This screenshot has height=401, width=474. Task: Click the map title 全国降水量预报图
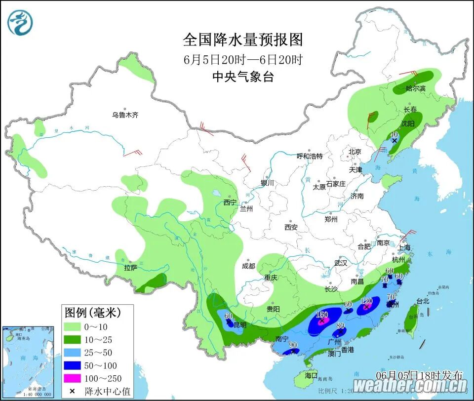[242, 40]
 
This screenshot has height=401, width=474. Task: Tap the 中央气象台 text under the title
[242, 77]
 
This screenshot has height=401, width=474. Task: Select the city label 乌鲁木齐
[125, 115]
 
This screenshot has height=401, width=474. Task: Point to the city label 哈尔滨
[415, 88]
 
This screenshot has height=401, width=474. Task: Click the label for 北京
[355, 152]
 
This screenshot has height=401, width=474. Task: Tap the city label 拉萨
[131, 268]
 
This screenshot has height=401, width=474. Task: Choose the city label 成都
[248, 266]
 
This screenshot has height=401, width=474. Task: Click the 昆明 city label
[239, 324]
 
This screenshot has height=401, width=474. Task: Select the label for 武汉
[341, 263]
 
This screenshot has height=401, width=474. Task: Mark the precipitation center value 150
[321, 315]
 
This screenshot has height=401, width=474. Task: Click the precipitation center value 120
[366, 301]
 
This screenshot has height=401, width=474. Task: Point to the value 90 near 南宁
[293, 345]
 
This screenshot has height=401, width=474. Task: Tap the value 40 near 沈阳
[394, 134]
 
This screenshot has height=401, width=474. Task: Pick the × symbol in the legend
[72, 392]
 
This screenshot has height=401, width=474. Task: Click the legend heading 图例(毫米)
[92, 313]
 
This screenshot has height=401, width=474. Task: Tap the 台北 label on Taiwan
[409, 301]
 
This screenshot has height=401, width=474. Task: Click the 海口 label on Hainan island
[311, 375]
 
